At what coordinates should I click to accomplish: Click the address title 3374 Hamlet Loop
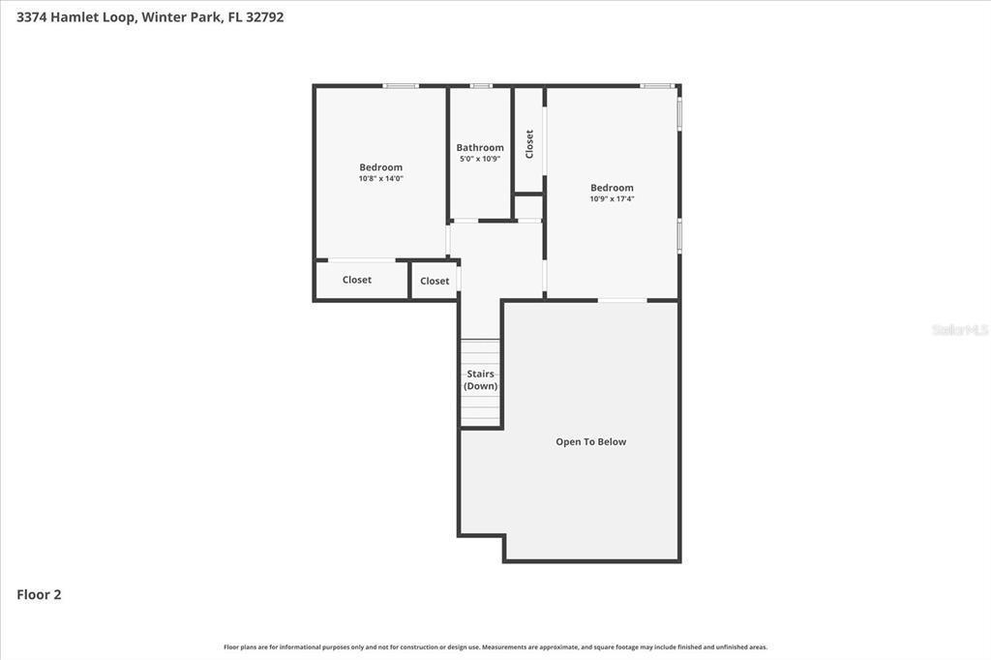(150, 16)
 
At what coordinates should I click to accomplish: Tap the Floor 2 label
(39, 595)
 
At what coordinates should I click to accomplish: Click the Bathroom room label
(480, 148)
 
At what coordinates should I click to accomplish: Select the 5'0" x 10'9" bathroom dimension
(480, 159)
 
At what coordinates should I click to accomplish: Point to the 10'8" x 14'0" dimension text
(380, 178)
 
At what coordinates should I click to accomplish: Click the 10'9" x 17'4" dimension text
(612, 198)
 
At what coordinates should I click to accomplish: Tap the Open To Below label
(590, 442)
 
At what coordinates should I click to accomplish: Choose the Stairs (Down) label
(480, 380)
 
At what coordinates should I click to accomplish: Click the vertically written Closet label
(529, 144)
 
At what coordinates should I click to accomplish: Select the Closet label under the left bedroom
(357, 280)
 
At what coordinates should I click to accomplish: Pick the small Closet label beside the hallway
(435, 281)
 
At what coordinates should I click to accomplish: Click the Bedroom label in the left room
(380, 167)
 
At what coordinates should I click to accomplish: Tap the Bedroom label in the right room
(612, 188)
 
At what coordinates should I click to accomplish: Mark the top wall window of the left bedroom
(400, 86)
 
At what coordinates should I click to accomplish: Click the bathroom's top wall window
(480, 86)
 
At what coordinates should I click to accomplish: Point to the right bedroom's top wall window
(656, 86)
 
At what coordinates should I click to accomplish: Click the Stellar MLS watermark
(959, 330)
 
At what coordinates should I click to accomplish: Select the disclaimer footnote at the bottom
(495, 647)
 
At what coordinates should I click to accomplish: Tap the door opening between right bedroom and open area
(621, 300)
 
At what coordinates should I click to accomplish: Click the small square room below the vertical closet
(528, 207)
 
